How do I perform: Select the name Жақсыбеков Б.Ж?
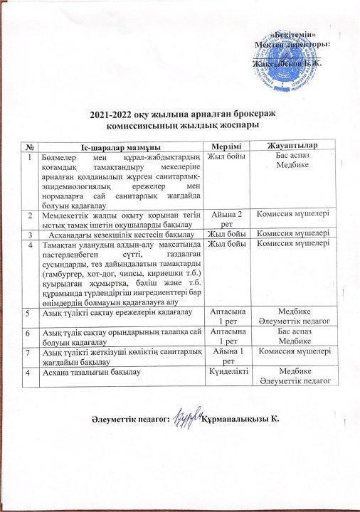[x=284, y=64]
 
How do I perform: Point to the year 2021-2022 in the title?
[x=113, y=115]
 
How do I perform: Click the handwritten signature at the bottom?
[x=187, y=421]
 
